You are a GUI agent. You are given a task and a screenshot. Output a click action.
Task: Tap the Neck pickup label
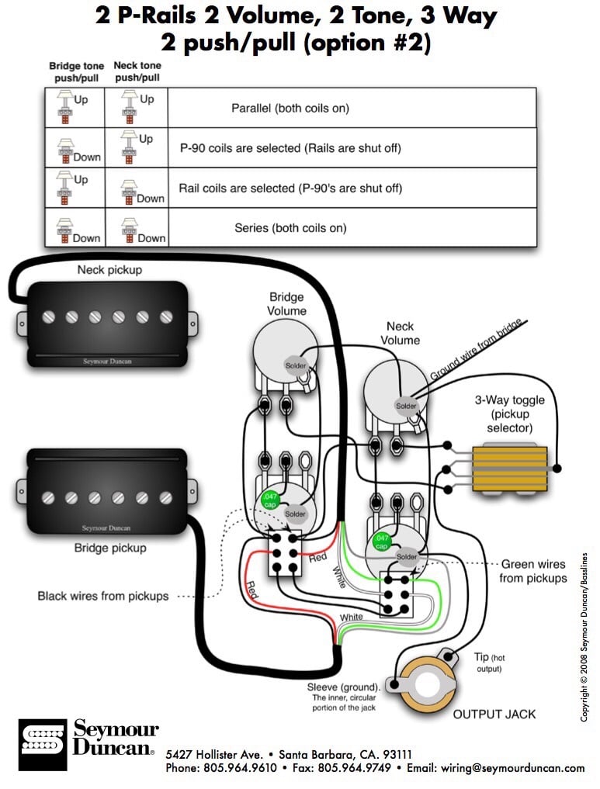109,270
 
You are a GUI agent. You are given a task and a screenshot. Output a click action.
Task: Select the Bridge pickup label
109,548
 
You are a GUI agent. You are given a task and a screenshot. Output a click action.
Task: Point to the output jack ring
427,685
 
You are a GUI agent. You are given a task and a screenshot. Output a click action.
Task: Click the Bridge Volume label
287,303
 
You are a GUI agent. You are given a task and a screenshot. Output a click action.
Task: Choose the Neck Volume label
400,334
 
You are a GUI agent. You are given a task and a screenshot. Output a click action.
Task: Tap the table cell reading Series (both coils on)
290,228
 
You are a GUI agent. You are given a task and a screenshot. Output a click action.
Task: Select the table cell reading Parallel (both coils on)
290,108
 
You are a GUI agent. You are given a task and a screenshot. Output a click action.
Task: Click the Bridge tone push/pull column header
75,72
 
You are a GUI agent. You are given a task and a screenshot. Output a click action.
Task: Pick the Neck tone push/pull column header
137,72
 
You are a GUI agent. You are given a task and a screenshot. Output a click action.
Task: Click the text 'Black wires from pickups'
103,596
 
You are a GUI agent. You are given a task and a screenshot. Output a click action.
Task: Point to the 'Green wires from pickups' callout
532,571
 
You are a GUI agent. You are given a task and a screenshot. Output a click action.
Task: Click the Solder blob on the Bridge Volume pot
296,365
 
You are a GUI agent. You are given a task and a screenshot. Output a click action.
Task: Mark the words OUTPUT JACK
494,714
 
